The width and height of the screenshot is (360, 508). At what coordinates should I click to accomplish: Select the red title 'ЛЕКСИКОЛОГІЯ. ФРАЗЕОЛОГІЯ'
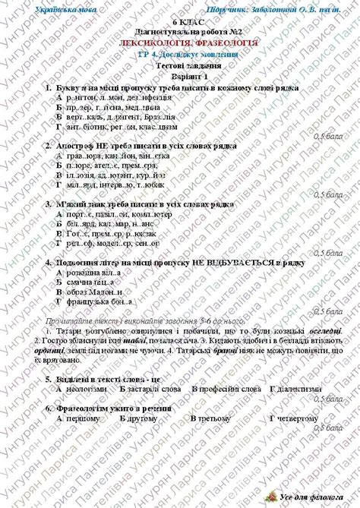(179, 43)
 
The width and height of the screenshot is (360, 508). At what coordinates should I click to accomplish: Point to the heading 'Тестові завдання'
(179, 66)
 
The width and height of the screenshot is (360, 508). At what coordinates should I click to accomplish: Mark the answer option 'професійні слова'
(229, 388)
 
